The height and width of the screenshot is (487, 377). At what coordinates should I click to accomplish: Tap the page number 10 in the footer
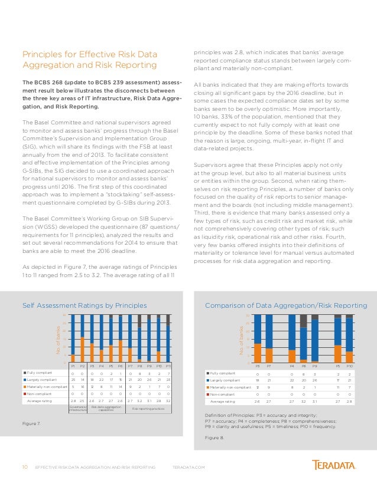click(x=25, y=467)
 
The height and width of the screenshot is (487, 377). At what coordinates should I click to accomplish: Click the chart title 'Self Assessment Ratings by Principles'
click(x=84, y=305)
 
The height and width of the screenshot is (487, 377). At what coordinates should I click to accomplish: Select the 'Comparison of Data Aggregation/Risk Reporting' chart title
click(x=285, y=305)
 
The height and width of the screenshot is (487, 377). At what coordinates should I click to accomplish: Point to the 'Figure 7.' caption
click(x=31, y=423)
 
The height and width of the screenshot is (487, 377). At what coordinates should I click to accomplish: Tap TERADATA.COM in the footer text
click(x=188, y=467)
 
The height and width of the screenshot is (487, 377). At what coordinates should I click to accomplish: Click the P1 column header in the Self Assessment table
click(x=73, y=366)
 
